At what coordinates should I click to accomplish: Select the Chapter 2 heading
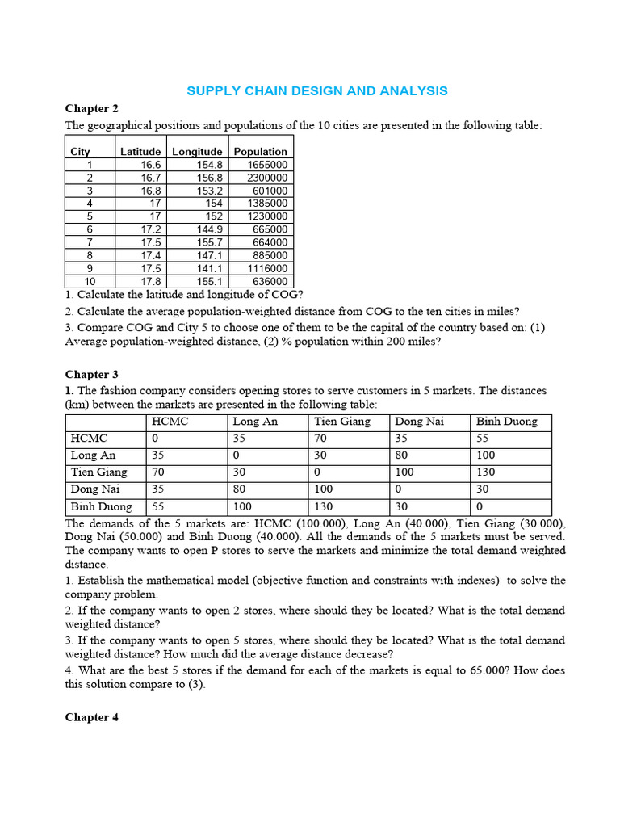[91, 108]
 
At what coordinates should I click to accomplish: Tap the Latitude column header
[140, 151]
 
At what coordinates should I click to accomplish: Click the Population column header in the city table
[260, 151]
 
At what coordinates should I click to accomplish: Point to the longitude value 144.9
[208, 229]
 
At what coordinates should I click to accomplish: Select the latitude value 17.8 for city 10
[152, 281]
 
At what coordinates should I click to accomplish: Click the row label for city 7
[90, 242]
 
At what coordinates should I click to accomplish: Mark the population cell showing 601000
[270, 191]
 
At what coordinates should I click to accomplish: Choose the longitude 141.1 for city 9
[208, 268]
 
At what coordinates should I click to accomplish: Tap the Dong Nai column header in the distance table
[419, 421]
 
